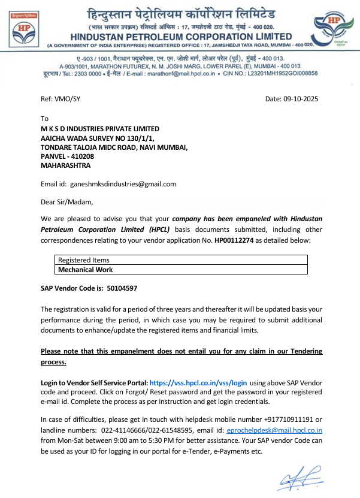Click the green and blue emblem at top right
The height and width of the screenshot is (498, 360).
point(334,31)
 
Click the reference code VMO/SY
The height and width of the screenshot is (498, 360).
point(66,98)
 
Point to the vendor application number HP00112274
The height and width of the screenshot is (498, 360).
point(234,240)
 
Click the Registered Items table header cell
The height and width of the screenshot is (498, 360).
point(84,260)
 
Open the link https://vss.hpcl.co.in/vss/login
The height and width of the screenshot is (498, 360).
point(198,382)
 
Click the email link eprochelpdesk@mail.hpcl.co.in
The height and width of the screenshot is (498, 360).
point(275,430)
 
